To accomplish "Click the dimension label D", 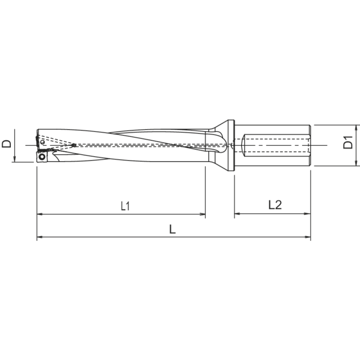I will coord(6,144).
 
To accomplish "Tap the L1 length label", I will coord(126,206).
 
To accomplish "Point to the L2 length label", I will coord(274,205).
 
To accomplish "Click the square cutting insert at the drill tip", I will coord(41,157).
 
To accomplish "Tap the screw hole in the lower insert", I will coord(41,157).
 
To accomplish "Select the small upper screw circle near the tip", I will coord(42,142).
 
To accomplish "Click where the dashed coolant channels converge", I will coord(74,145).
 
